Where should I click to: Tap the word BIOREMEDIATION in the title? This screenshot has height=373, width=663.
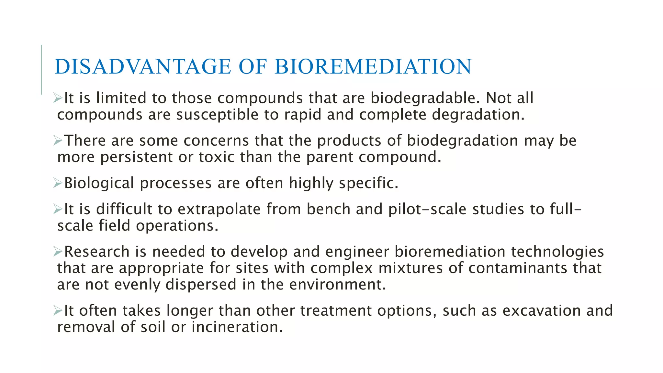coord(373,67)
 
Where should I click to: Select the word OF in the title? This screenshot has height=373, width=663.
coord(253,67)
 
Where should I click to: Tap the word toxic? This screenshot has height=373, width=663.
coord(217,157)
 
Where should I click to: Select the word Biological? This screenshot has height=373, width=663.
coord(99,183)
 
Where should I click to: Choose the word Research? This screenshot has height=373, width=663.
coord(97,252)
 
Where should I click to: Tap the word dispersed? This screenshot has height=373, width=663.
coord(201,285)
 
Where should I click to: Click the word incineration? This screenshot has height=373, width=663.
coord(237,327)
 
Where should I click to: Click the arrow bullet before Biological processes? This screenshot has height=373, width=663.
coord(58,183)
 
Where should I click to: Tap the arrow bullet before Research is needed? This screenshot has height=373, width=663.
coord(58,252)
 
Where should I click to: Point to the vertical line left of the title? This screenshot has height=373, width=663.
coord(41,70)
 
